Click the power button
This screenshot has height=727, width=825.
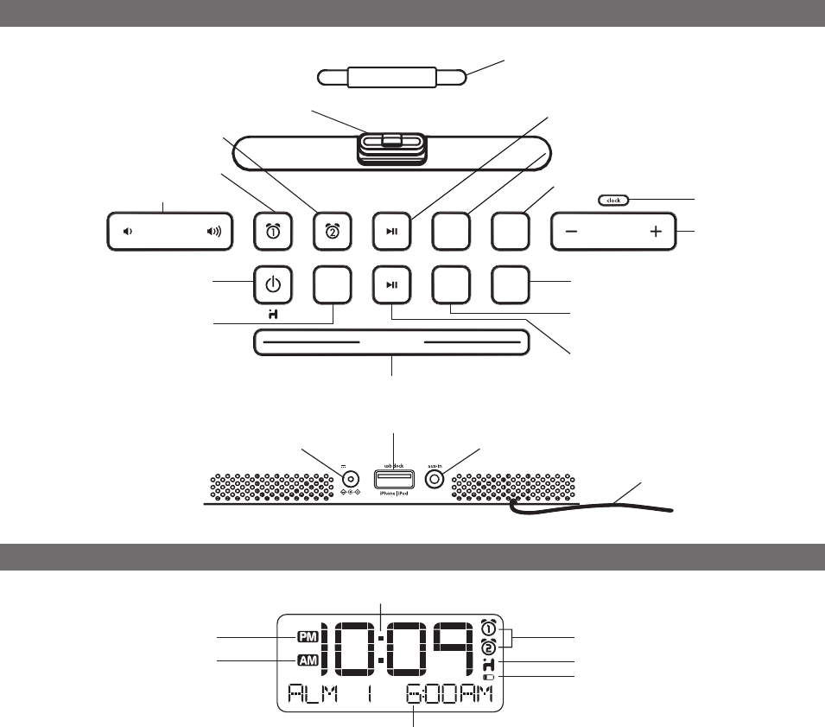pyautogui.click(x=271, y=284)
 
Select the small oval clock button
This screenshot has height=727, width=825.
pyautogui.click(x=614, y=200)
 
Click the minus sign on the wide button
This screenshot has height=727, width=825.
pyautogui.click(x=572, y=232)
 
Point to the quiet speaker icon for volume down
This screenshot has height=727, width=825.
pyautogui.click(x=128, y=232)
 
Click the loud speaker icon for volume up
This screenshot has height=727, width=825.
pyautogui.click(x=213, y=232)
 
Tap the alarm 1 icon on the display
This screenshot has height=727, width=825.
pyautogui.click(x=490, y=628)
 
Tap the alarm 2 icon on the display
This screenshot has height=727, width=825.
pyautogui.click(x=490, y=647)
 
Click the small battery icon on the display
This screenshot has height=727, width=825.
pyautogui.click(x=490, y=677)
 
